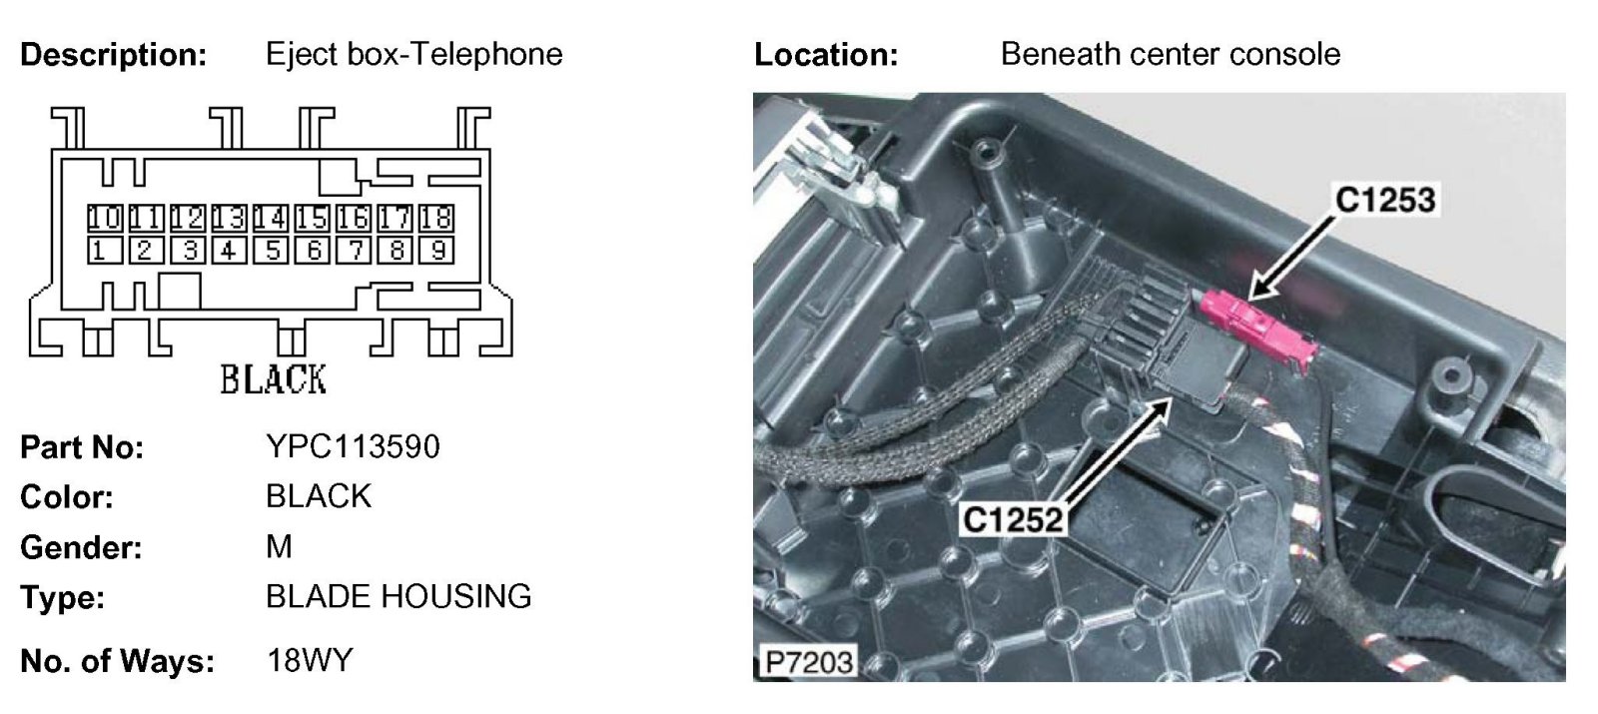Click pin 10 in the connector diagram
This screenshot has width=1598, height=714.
[103, 218]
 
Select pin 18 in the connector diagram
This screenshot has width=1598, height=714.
[436, 218]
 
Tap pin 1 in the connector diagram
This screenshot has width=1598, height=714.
[100, 250]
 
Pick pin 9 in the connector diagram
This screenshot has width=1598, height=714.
[436, 250]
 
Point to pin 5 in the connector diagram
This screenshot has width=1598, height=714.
[270, 250]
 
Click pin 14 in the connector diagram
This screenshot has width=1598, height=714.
[270, 218]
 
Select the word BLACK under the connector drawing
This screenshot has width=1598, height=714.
[273, 379]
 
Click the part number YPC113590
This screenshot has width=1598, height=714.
[353, 446]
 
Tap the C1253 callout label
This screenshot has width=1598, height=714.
[1385, 201]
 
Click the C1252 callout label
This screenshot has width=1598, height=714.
[1012, 519]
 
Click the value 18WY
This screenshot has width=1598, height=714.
[310, 660]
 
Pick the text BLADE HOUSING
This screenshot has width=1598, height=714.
[399, 596]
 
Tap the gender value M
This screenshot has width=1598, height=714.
[279, 546]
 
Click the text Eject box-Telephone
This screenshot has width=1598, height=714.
[413, 54]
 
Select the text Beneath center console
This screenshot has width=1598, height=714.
[1170, 54]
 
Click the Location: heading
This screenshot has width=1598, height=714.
[826, 55]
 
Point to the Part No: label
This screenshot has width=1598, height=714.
[82, 447]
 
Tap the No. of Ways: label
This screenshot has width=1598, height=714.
[117, 661]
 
